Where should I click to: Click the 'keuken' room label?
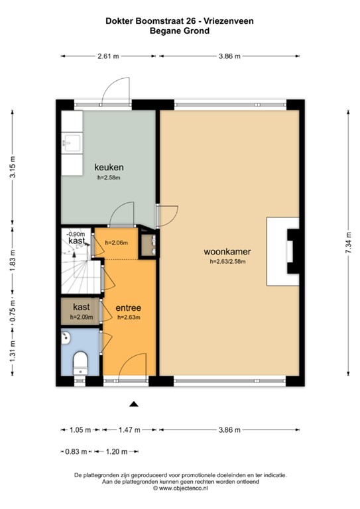(x=109, y=167)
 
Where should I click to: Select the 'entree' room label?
(x=127, y=308)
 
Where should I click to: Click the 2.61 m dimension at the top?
(x=107, y=57)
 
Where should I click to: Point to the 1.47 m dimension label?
(x=129, y=430)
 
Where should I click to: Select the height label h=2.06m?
(x=117, y=243)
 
